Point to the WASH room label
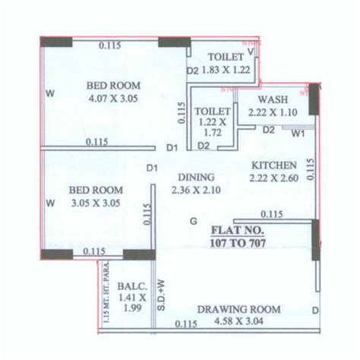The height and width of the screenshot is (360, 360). tap(270, 100)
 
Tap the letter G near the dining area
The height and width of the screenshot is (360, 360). tap(194, 221)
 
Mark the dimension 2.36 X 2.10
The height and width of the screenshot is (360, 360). tap(194, 190)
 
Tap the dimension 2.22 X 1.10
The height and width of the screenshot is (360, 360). tap(271, 112)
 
